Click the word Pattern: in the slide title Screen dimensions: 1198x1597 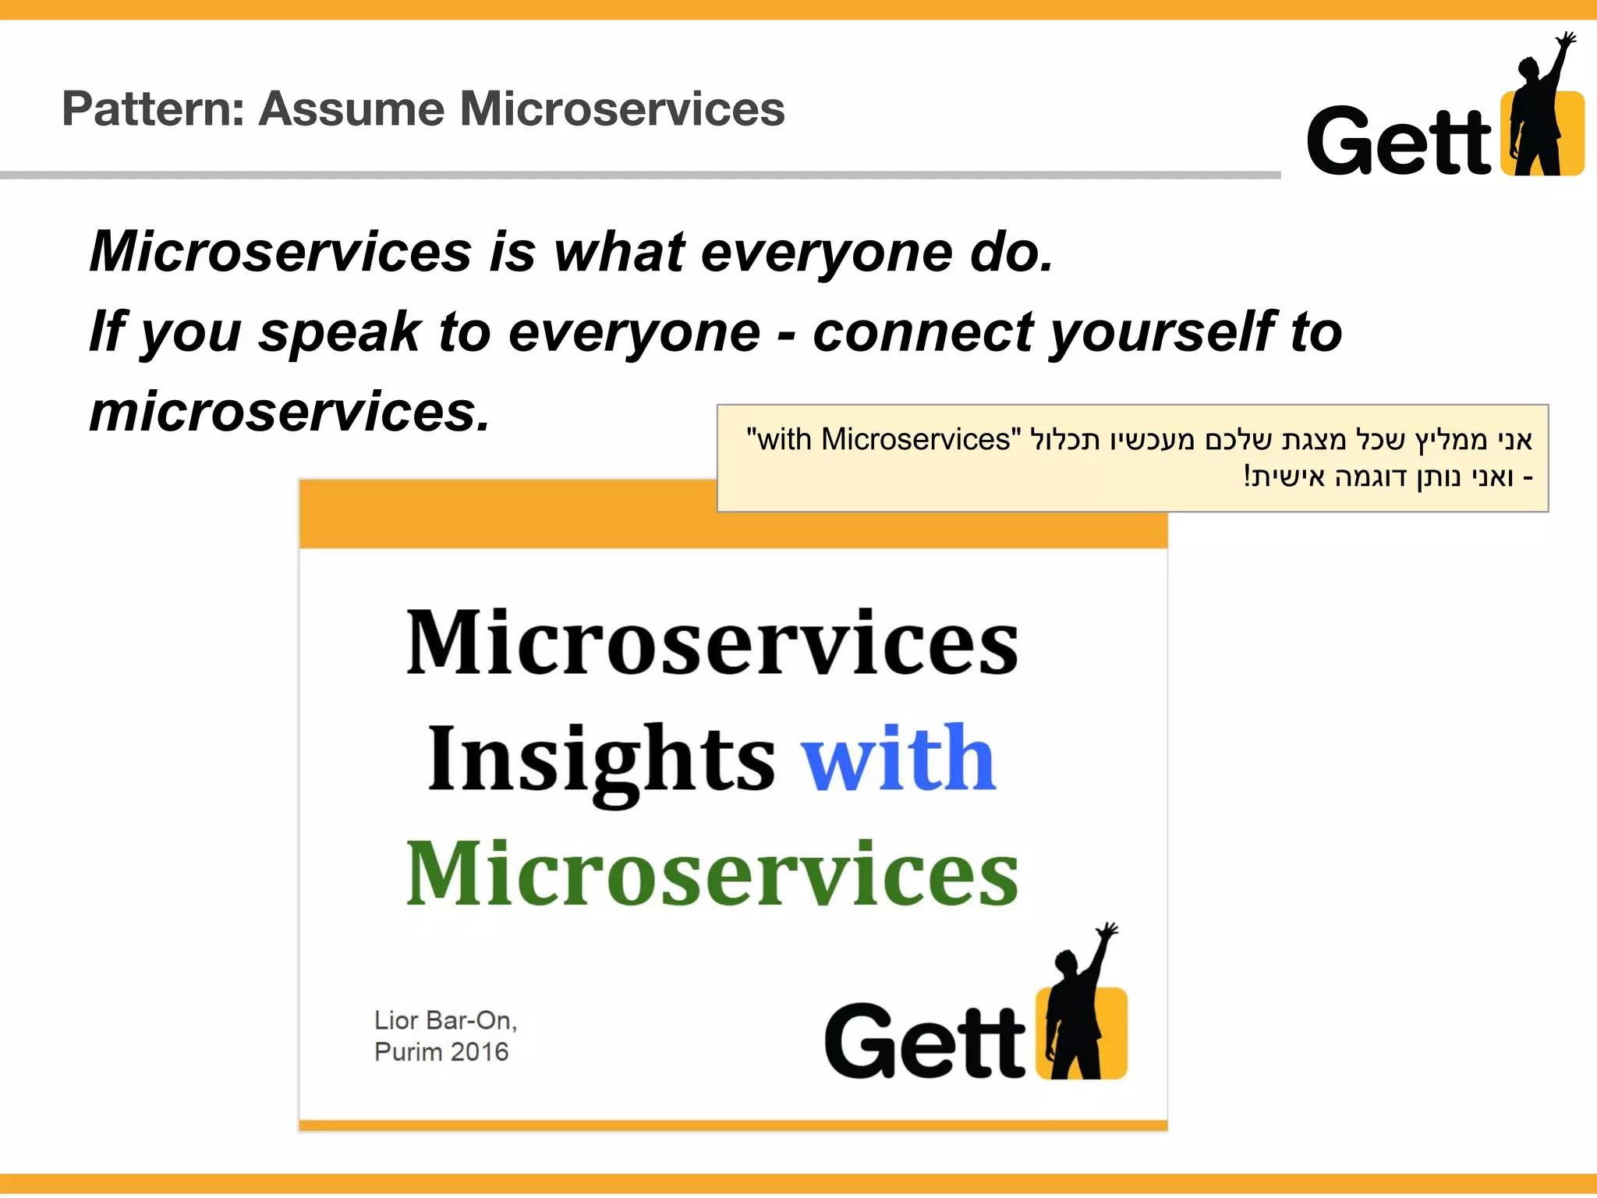pyautogui.click(x=153, y=109)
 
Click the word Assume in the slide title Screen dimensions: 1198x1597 pyautogui.click(x=351, y=109)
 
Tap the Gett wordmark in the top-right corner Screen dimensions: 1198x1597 pyautogui.click(x=1399, y=142)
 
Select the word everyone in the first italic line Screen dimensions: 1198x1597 pyautogui.click(x=827, y=253)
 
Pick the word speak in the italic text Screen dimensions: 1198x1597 pyautogui.click(x=339, y=334)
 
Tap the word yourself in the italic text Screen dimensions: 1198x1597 pyautogui.click(x=1162, y=334)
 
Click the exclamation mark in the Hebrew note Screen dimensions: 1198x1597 pyautogui.click(x=1247, y=477)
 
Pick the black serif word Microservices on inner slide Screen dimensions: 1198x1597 pyautogui.click(x=711, y=643)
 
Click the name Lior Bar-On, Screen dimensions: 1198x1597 pyautogui.click(x=445, y=1020)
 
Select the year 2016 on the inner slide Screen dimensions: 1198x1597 pyautogui.click(x=479, y=1052)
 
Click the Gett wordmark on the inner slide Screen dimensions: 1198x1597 pyautogui.click(x=925, y=1042)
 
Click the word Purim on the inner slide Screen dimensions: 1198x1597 pyautogui.click(x=407, y=1052)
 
